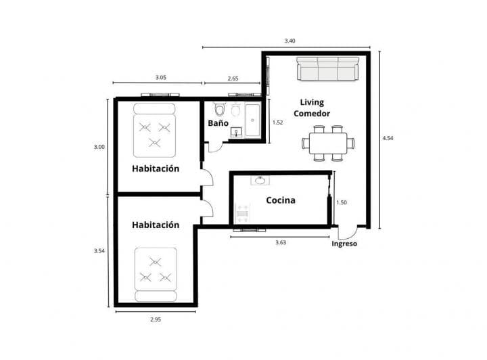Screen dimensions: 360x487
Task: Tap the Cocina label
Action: click(x=280, y=200)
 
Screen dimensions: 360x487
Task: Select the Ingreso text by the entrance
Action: click(x=344, y=244)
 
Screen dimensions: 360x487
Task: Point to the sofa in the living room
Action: click(x=327, y=69)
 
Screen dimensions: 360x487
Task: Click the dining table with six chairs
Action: click(x=327, y=143)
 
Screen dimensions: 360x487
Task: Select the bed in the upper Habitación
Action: click(x=154, y=129)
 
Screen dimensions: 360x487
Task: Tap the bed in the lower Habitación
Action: click(x=156, y=273)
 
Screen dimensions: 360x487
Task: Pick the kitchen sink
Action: click(x=260, y=181)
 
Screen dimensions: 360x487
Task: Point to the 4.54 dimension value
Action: click(x=388, y=138)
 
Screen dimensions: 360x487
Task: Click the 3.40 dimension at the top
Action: click(x=289, y=41)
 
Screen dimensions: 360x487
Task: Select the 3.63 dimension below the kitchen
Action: click(x=280, y=242)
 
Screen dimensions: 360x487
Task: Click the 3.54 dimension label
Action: click(x=99, y=251)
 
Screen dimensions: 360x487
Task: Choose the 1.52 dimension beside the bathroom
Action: click(x=277, y=122)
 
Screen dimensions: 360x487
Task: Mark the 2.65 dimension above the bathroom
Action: click(x=232, y=78)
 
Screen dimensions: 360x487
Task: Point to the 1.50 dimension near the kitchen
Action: click(x=342, y=202)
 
